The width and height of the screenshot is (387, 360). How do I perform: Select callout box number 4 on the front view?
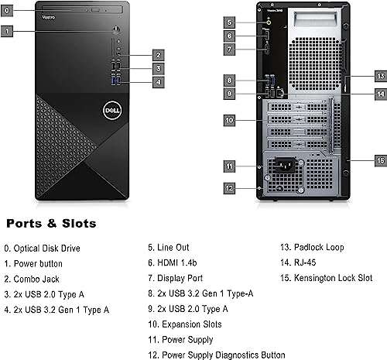(x=157, y=81)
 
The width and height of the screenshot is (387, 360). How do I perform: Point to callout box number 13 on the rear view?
(x=380, y=76)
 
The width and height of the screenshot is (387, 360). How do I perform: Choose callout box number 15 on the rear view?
(x=380, y=160)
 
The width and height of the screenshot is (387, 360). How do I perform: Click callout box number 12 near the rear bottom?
(x=230, y=187)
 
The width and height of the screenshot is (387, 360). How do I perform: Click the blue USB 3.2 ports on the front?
(x=116, y=81)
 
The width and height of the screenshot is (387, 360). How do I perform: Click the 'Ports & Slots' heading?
(x=52, y=223)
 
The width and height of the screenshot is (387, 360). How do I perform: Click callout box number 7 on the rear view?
(x=230, y=49)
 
